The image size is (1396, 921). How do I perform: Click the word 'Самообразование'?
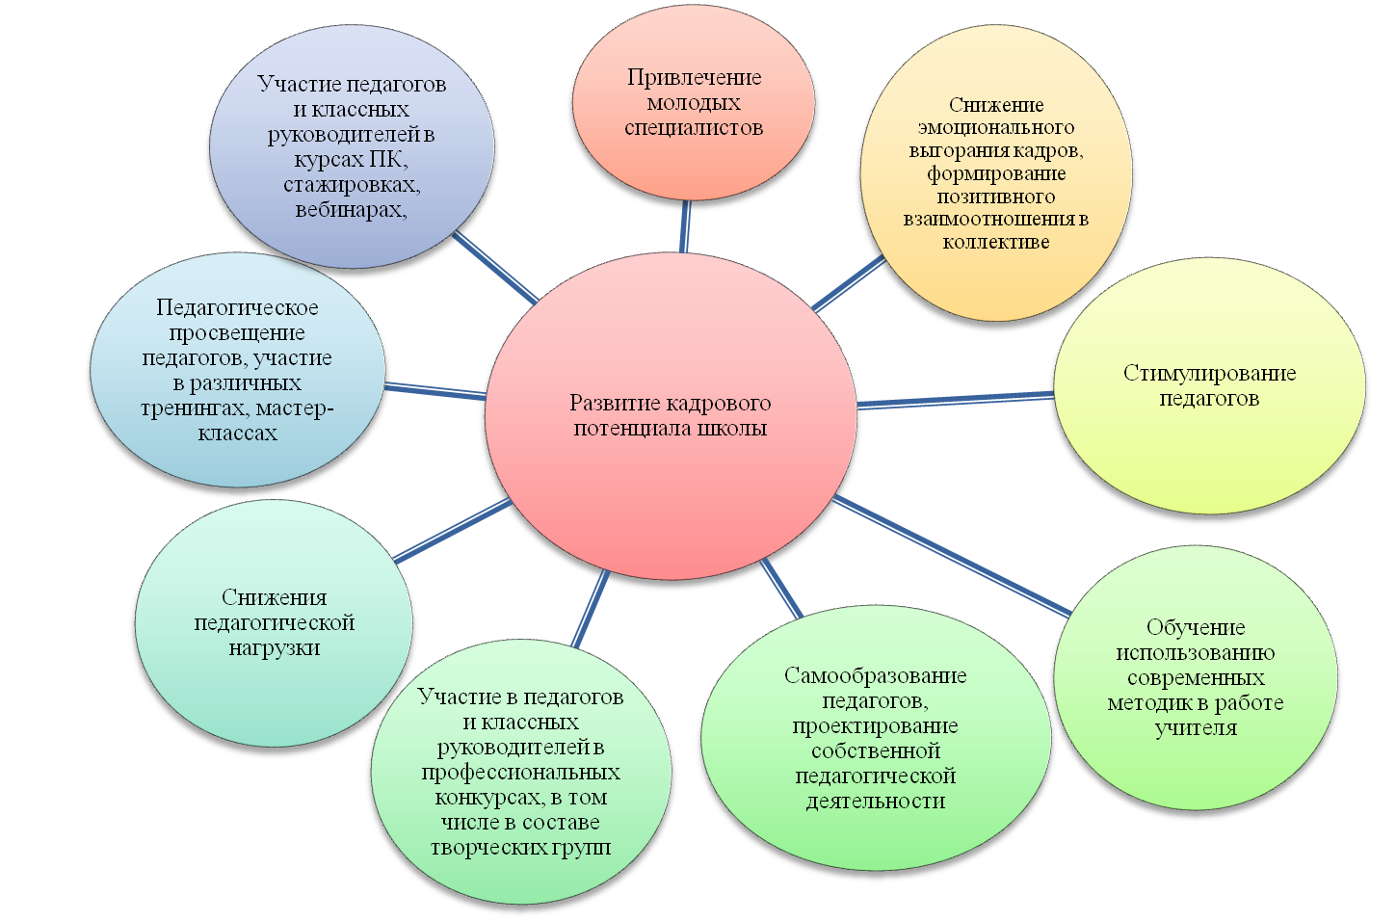coord(875,675)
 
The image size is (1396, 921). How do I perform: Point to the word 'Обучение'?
coord(1196,627)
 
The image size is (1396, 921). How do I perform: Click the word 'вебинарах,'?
coord(351,209)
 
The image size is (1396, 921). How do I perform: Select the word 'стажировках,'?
coord(352,184)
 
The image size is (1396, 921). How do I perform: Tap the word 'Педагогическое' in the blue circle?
coord(237,307)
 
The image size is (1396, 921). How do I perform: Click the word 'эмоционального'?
coord(996,127)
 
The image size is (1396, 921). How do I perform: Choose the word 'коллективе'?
coord(996,242)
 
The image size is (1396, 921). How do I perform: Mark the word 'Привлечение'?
coord(694,77)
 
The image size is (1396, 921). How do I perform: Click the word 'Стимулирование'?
coord(1209,373)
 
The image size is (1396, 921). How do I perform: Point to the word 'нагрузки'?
coord(275,647)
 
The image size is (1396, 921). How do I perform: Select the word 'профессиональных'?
coord(520,772)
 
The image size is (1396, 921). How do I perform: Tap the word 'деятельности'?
coord(875,801)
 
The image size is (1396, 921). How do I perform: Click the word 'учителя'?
coord(1196,727)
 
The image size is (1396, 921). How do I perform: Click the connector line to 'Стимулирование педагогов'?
coord(954,399)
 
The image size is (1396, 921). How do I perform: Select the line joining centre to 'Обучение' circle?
coord(954,555)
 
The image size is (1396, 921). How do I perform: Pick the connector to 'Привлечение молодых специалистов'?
coord(685,225)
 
